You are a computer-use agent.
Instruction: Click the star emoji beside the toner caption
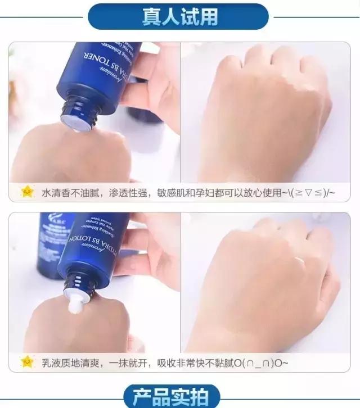coord(27,192)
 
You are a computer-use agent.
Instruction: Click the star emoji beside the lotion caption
coord(27,362)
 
